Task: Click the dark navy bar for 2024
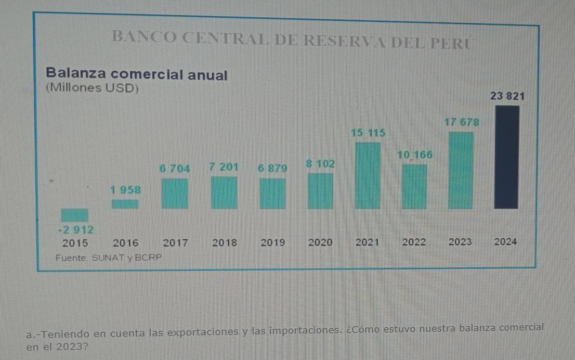tap(507, 157)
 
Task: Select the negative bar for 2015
tap(75, 215)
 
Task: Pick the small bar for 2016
tap(125, 204)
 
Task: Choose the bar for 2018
tap(224, 193)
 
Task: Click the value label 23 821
tap(507, 96)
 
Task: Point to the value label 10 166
tap(415, 155)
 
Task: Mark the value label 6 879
tap(272, 168)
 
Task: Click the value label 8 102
tap(320, 164)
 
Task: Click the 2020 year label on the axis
tap(320, 243)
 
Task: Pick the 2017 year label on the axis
tap(175, 243)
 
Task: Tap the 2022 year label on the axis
tap(414, 243)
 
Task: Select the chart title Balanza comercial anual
tap(136, 75)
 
